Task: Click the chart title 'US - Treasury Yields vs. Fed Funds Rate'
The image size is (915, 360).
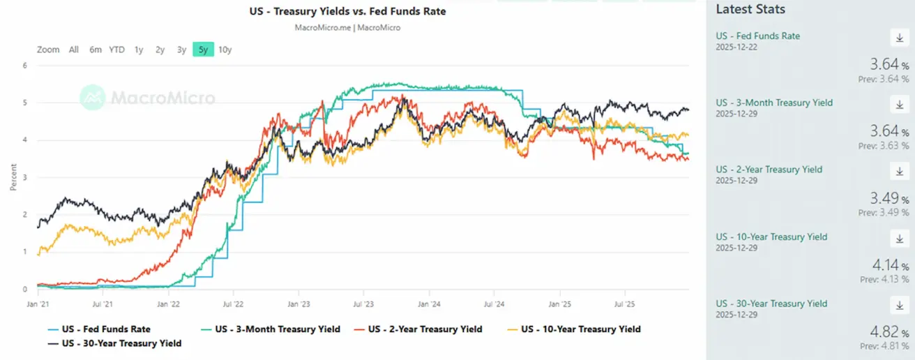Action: click(347, 12)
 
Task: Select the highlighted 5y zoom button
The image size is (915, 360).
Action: click(203, 50)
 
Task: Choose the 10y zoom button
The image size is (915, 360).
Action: click(225, 50)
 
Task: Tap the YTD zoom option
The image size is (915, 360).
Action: click(116, 50)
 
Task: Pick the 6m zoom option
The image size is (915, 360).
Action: click(96, 50)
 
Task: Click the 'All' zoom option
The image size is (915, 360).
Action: click(74, 50)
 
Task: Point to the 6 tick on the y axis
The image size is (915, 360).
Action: click(25, 66)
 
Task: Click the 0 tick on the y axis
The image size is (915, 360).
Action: click(25, 289)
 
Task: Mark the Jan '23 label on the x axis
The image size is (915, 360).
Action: click(298, 304)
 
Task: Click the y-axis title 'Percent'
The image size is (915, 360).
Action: click(13, 177)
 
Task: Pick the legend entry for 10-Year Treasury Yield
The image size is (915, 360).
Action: click(580, 329)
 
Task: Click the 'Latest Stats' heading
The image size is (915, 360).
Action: click(750, 10)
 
